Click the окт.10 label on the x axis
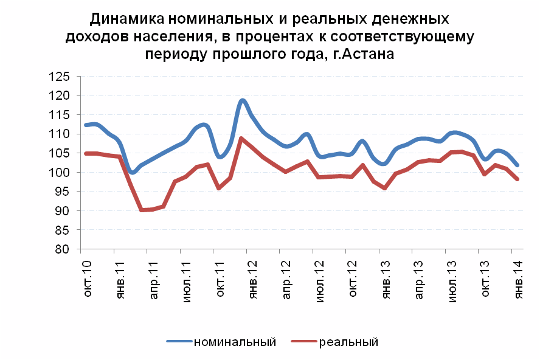click(x=89, y=277)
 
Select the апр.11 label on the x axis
click(x=155, y=277)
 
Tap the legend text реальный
click(x=348, y=342)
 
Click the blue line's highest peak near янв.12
click(x=243, y=100)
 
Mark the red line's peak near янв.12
click(x=241, y=139)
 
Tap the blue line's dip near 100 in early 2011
click(x=133, y=172)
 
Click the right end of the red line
click(x=517, y=179)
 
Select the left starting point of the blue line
click(x=85, y=125)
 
